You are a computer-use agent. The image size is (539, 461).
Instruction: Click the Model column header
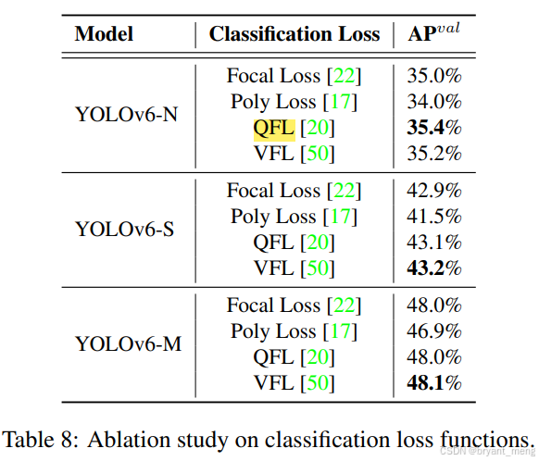point(104,34)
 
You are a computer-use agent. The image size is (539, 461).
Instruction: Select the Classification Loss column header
point(294,34)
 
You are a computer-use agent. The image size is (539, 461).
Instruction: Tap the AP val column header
point(435,34)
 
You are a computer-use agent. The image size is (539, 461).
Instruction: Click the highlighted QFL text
point(273,128)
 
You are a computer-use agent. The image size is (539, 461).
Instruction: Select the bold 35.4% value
point(435,128)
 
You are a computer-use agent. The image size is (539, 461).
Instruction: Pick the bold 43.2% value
point(435,268)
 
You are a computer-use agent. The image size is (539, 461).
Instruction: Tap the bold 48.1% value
point(435,383)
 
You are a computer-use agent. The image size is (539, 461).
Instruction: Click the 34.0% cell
point(435,102)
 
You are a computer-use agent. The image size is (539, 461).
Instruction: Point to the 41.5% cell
point(435,217)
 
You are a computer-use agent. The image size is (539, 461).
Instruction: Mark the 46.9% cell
point(435,331)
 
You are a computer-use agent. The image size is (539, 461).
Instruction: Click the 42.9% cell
point(435,191)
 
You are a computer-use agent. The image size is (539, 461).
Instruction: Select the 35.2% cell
point(435,154)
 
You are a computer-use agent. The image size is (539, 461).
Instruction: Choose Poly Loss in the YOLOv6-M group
point(273,331)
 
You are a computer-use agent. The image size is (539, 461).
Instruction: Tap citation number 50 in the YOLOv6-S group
point(318,268)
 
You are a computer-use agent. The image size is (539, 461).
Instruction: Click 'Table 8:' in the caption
point(44,438)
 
